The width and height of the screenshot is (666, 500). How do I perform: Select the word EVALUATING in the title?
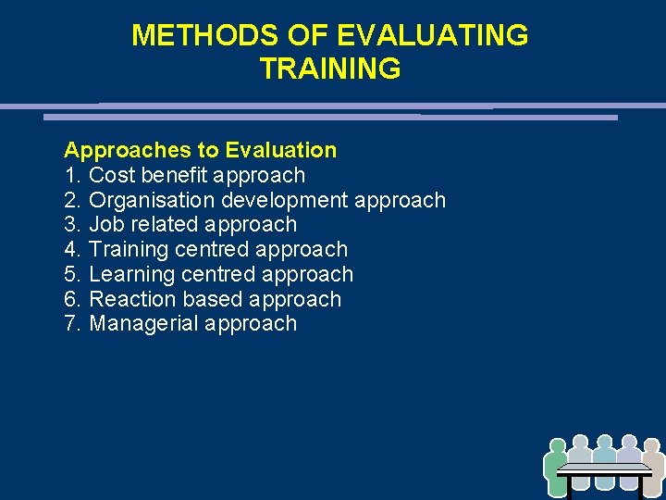point(433,35)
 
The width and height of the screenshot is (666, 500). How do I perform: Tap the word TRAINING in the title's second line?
point(330,69)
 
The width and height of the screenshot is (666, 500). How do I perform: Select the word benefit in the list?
point(176,175)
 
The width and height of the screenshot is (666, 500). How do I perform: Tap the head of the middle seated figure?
point(605,443)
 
